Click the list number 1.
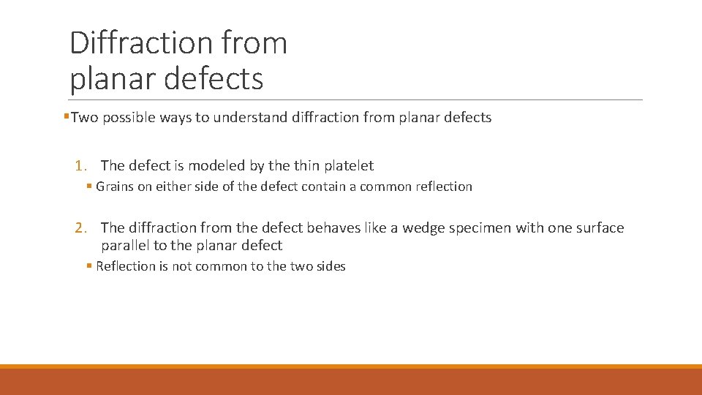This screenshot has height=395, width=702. [80, 166]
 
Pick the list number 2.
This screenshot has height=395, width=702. [80, 228]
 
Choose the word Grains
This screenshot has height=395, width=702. [114, 187]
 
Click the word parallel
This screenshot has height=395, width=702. [124, 246]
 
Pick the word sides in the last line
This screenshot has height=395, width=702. [330, 266]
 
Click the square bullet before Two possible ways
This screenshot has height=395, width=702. [67, 117]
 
